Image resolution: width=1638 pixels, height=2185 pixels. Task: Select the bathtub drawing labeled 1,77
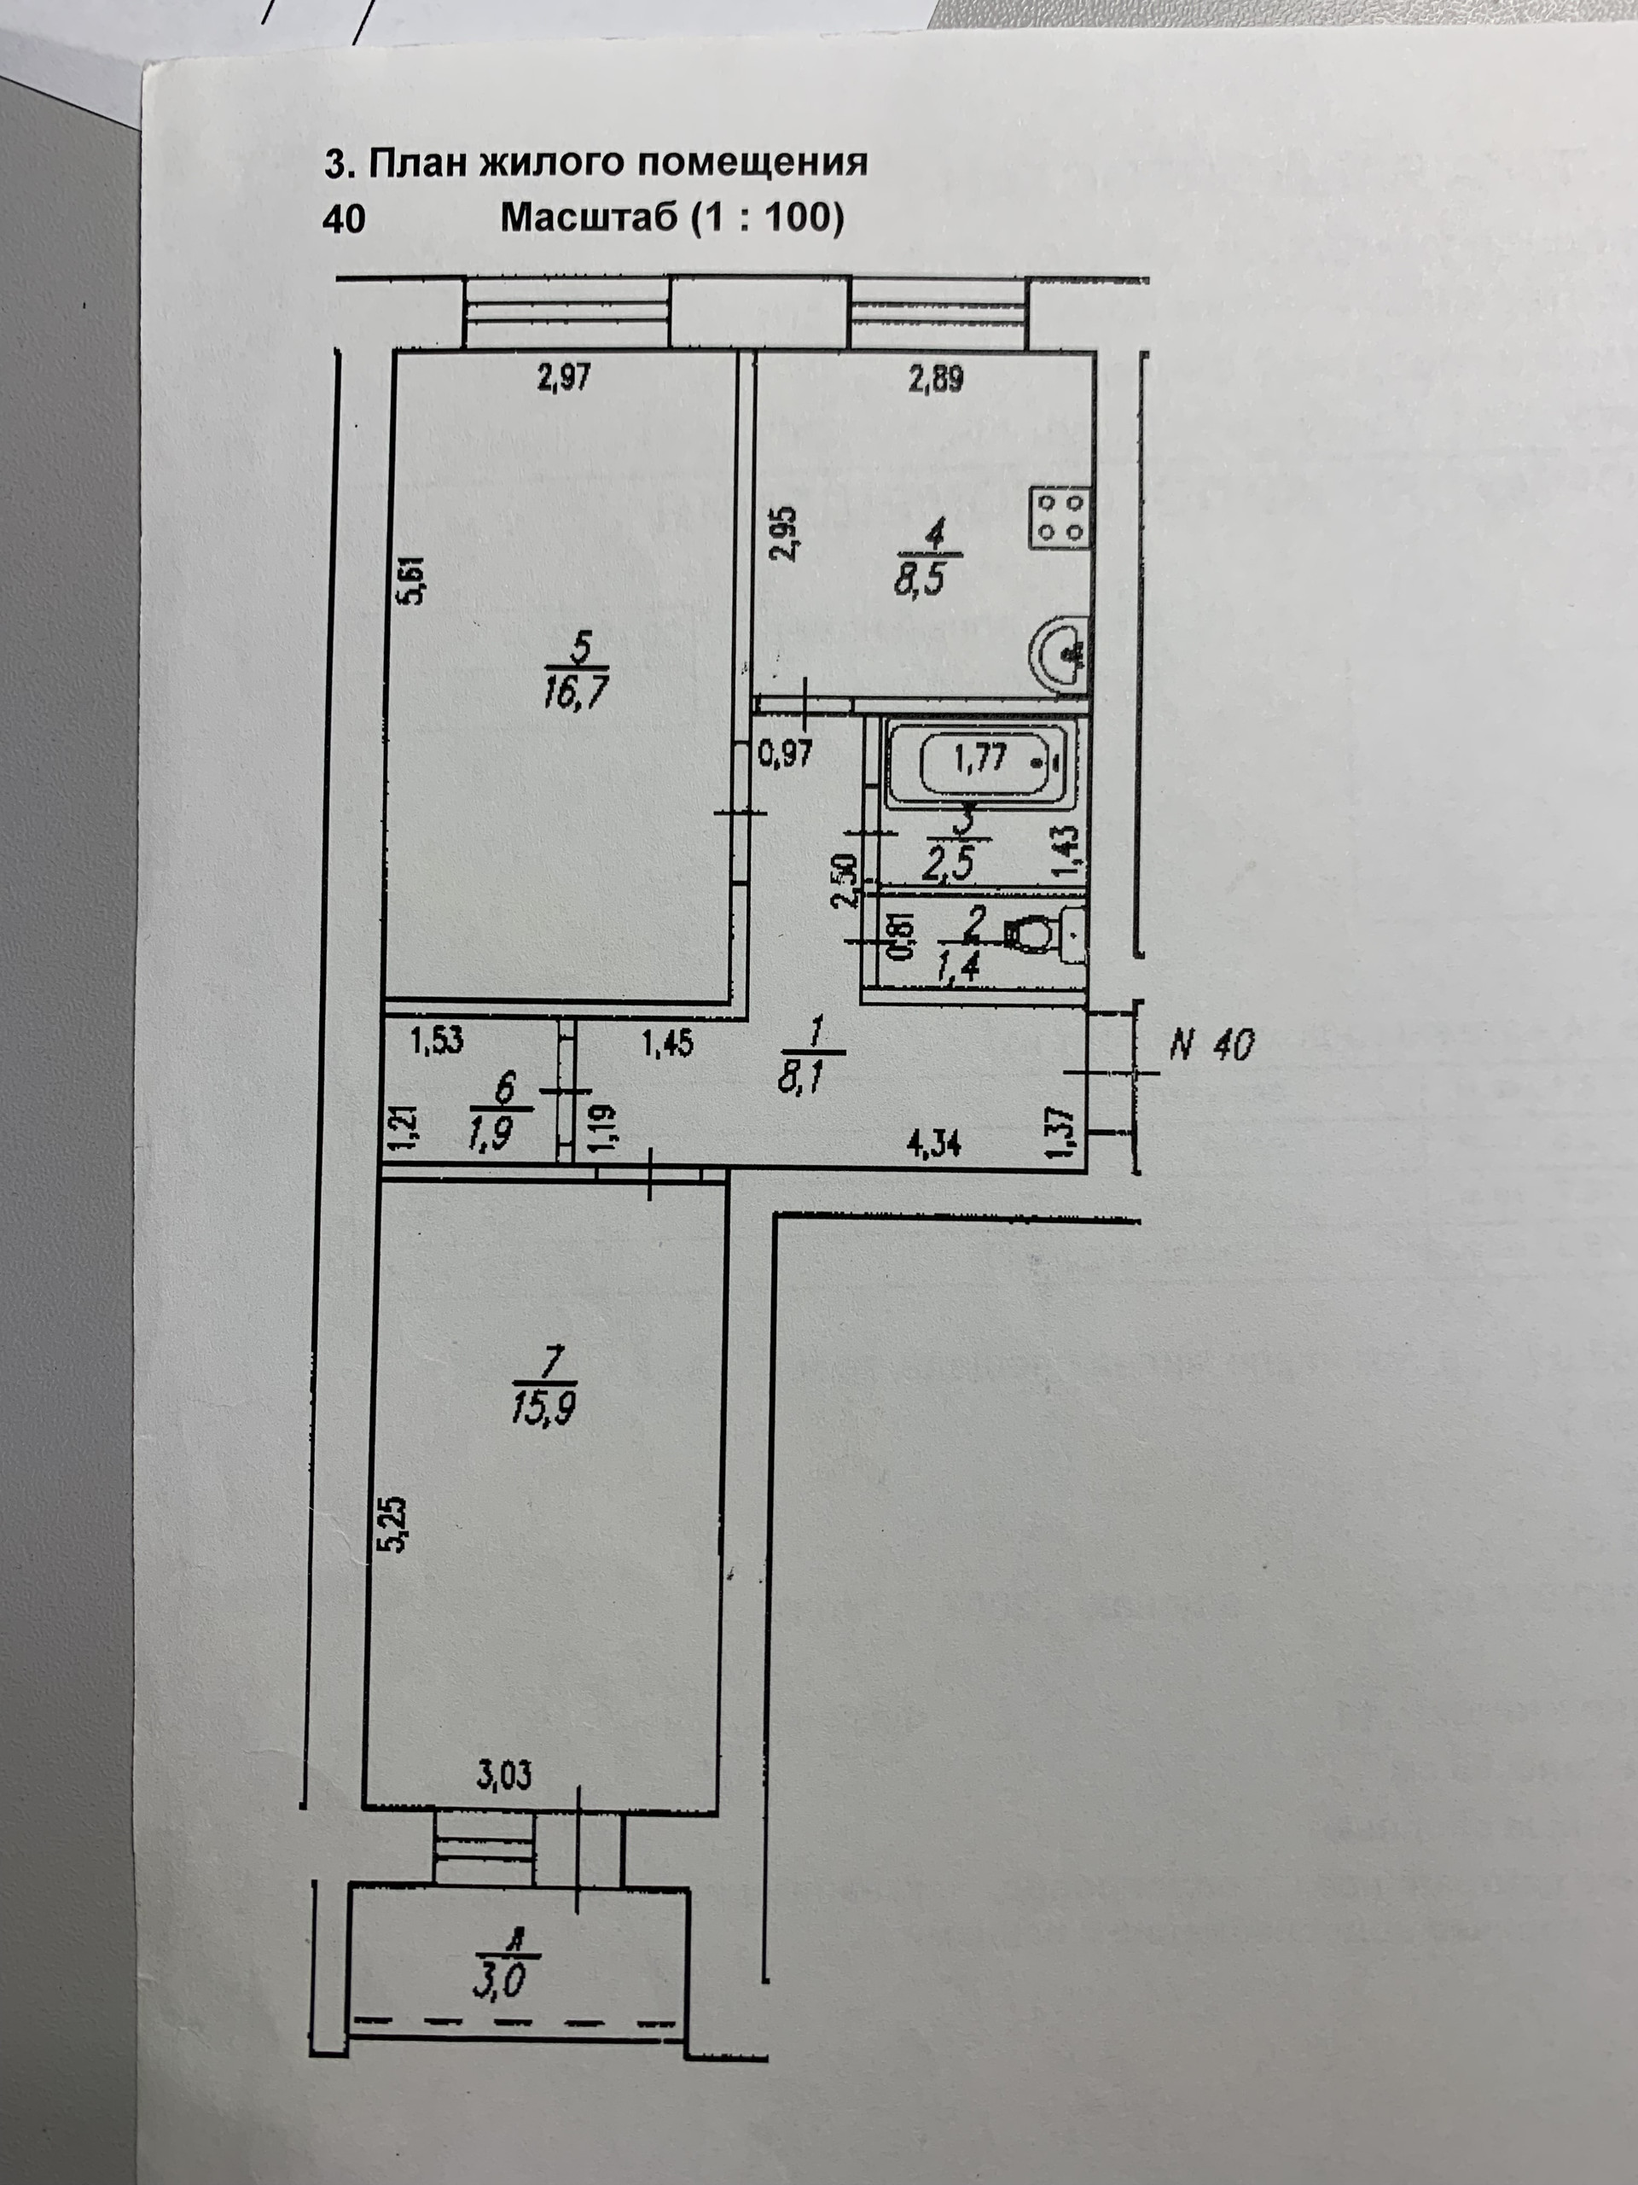pos(979,761)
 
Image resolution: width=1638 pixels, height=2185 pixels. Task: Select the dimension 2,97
pos(564,377)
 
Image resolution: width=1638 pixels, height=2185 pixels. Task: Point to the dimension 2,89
pos(935,379)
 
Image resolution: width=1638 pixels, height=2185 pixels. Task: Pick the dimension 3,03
pos(503,1776)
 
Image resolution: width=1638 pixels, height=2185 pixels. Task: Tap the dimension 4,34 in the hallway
pos(934,1145)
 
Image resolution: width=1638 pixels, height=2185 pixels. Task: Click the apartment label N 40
pos(1212,1044)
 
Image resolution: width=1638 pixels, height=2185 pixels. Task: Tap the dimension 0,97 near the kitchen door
pos(785,755)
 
